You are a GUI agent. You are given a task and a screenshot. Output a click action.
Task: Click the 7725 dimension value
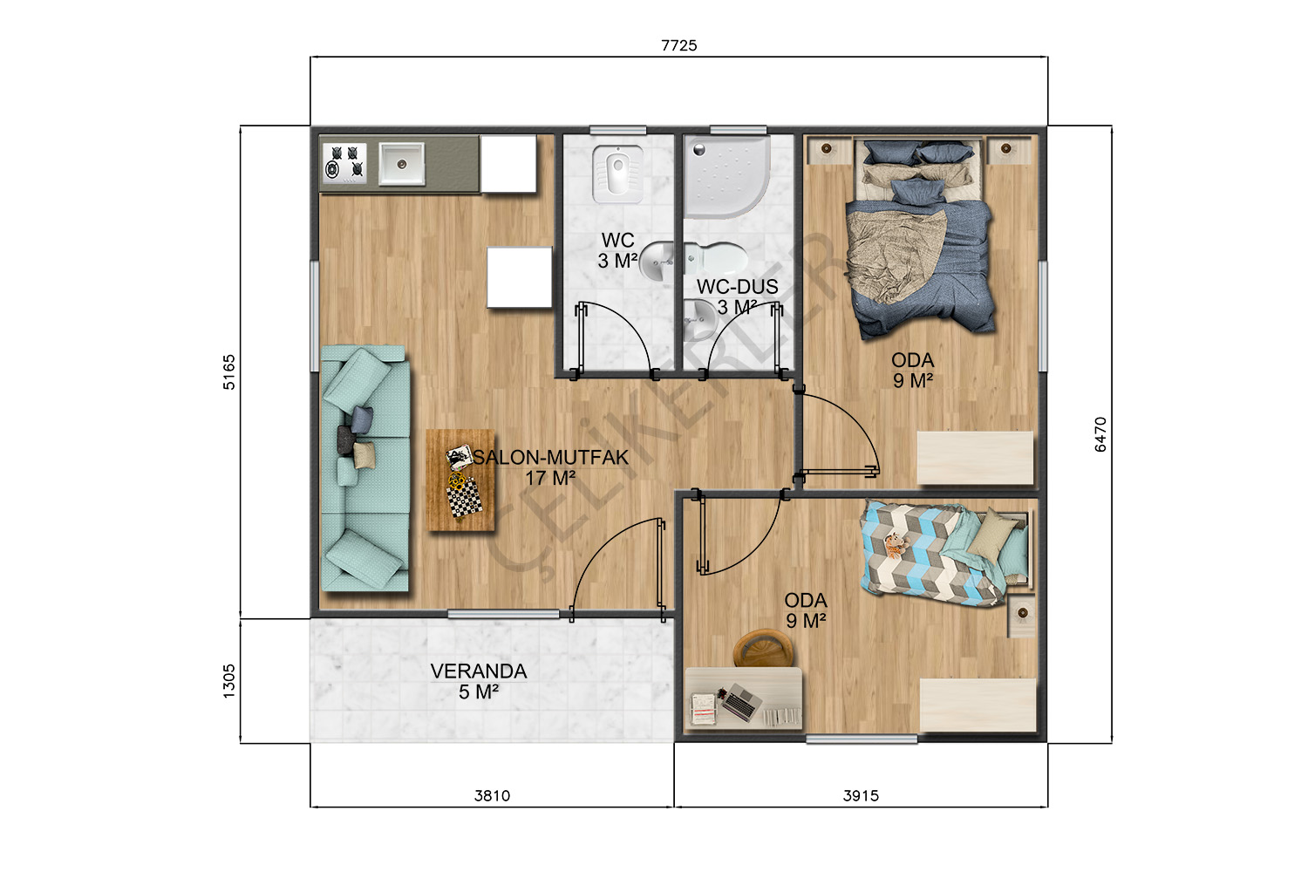(678, 45)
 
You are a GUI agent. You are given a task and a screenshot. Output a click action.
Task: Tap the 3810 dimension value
(493, 795)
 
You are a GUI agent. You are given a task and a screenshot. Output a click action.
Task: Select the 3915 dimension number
(861, 795)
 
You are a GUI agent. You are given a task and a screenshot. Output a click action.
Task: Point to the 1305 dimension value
(228, 681)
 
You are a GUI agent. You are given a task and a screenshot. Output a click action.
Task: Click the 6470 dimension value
(1100, 434)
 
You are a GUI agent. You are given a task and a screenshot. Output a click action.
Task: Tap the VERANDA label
(479, 671)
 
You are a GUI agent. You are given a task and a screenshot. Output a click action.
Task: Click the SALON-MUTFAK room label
(550, 457)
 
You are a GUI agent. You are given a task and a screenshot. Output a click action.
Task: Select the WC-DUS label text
(738, 287)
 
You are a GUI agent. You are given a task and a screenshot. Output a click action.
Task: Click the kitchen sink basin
(402, 164)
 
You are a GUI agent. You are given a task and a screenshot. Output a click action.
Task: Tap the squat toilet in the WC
(617, 174)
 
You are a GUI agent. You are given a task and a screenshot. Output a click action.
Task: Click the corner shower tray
(727, 176)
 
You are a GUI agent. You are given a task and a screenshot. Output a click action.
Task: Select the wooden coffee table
(460, 480)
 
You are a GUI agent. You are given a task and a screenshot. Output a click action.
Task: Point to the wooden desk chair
(763, 648)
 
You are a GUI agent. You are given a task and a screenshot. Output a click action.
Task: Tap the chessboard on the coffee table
(464, 501)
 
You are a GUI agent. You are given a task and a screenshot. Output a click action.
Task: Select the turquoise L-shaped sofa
(365, 468)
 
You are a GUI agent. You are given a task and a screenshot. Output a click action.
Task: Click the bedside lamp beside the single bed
(1022, 613)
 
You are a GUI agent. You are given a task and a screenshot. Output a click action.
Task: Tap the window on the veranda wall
(503, 614)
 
